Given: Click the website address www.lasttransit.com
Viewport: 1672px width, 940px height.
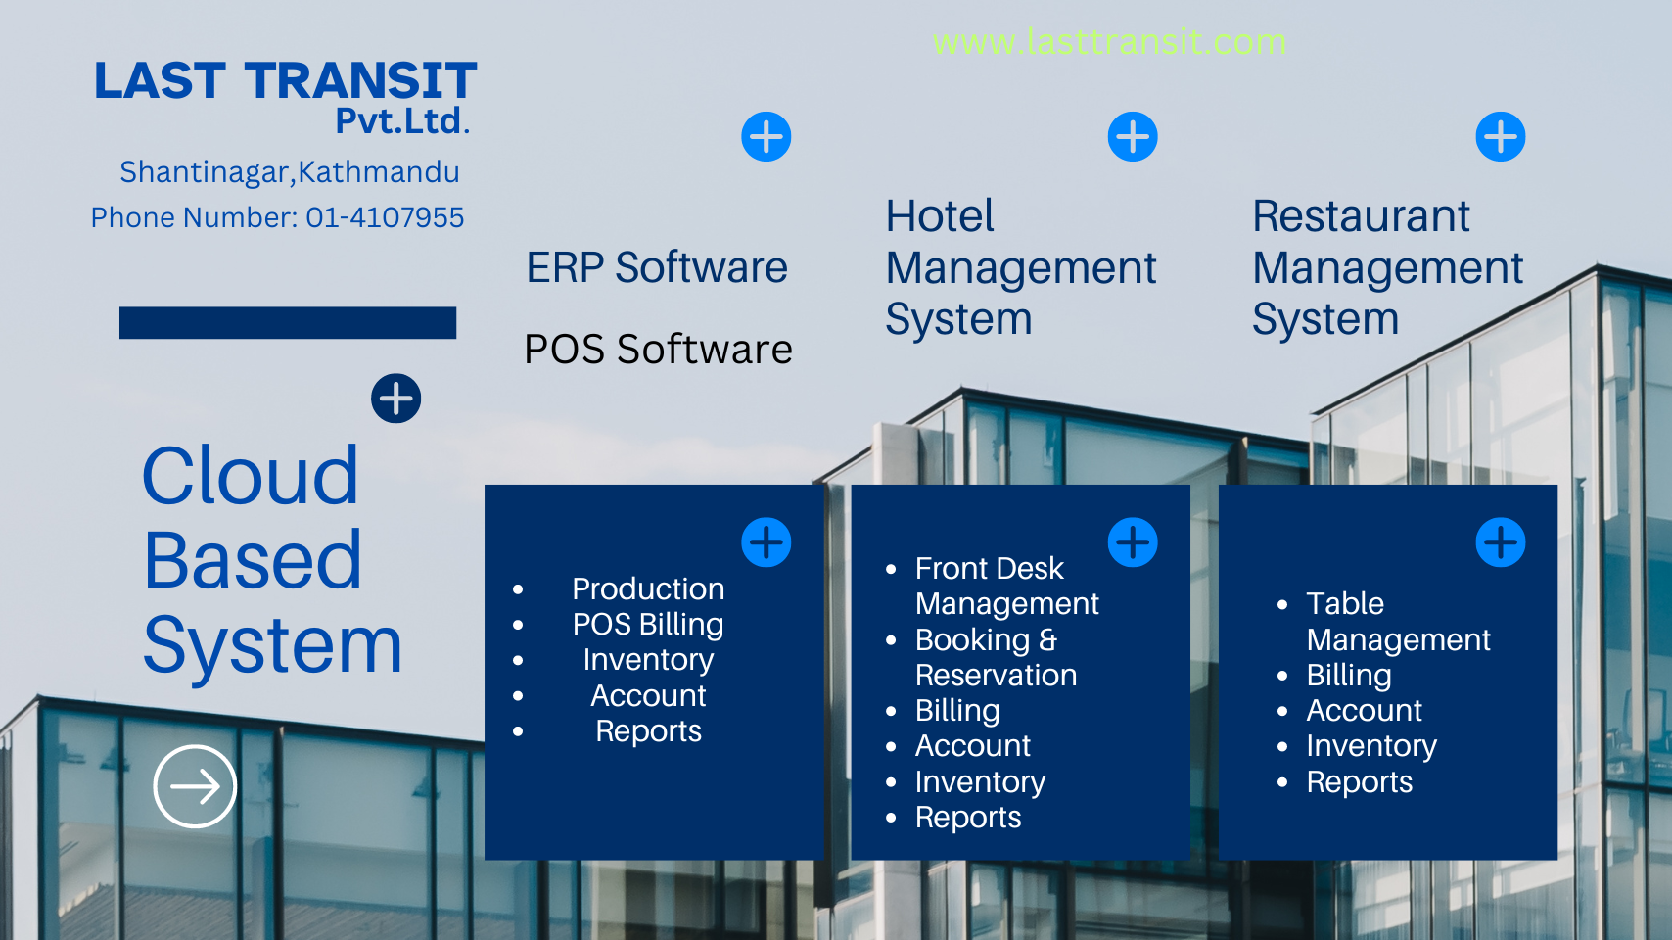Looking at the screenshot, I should point(1109,42).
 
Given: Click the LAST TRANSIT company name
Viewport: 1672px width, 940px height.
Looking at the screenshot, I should point(285,80).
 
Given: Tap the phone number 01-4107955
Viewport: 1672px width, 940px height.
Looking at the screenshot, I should point(385,217).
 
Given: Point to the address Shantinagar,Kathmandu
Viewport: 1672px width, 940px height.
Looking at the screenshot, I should point(289,172).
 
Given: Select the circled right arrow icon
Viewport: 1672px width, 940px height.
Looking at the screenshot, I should point(195,786).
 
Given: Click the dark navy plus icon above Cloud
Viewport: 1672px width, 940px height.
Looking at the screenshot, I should point(396,399).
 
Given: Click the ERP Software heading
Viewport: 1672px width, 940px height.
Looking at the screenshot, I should point(657,267).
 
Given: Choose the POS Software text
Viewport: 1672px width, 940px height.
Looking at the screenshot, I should point(658,350).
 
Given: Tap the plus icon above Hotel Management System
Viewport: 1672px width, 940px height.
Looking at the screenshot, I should point(1133,136).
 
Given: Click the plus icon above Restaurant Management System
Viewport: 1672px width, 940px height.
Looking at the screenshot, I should point(1500,136).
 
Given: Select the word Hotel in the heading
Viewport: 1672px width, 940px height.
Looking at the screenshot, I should point(940,216).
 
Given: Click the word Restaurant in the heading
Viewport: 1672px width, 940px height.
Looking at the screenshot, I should point(1361,216).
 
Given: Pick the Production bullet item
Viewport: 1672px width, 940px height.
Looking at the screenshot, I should point(648,588).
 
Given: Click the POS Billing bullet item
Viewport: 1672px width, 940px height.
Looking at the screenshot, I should point(648,625).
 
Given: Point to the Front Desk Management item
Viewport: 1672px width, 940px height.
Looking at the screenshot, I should point(1006,586).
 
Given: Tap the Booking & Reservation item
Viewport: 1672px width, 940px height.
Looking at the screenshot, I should point(996,657).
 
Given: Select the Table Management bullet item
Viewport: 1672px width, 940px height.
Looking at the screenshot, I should point(1398,621).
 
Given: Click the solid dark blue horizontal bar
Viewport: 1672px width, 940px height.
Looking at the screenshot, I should point(288,323).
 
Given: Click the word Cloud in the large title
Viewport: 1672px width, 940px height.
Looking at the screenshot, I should point(251,476).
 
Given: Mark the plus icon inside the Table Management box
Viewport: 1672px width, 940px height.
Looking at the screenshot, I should point(1500,542).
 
